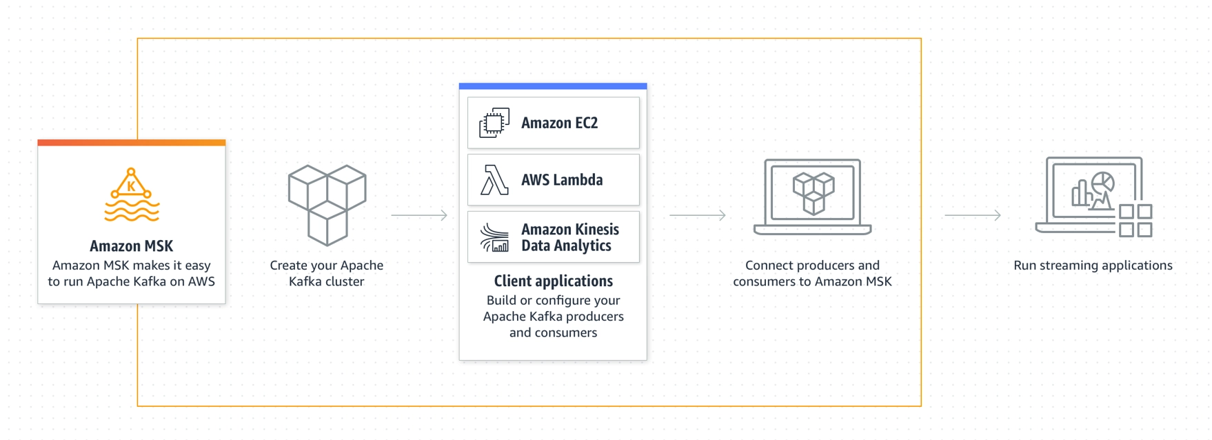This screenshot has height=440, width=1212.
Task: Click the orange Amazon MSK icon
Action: (132, 194)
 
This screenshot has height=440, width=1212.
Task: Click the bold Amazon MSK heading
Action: (132, 246)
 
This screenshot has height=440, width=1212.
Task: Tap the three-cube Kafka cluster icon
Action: (327, 205)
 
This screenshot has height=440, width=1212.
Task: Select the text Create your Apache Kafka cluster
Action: (327, 273)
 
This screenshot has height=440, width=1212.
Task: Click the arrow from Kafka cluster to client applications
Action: (419, 215)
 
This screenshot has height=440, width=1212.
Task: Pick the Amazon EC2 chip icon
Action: (494, 123)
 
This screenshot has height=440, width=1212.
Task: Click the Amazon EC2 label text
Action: (560, 123)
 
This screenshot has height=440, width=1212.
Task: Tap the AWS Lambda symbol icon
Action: (494, 180)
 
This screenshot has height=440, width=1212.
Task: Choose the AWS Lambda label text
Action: (562, 180)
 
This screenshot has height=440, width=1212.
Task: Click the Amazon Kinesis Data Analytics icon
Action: (494, 237)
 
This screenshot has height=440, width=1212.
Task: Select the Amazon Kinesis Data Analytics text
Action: (570, 237)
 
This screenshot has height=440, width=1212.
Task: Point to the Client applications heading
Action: (554, 281)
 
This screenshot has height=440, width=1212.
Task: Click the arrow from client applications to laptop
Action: (698, 215)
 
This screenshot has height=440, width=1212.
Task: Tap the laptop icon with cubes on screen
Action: (813, 197)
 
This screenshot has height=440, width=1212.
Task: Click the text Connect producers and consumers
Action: (813, 273)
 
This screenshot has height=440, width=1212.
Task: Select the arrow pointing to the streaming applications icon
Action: (973, 215)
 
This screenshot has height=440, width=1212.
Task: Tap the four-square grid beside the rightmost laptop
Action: (1135, 221)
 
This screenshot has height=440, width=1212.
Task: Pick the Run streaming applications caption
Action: (1093, 266)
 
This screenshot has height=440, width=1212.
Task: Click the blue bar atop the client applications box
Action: (553, 86)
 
